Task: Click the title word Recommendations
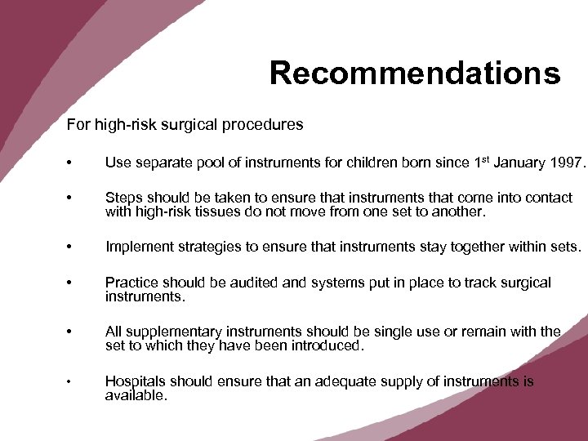pyautogui.click(x=415, y=73)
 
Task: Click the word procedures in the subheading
pyautogui.click(x=266, y=125)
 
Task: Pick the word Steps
pyautogui.click(x=123, y=198)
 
